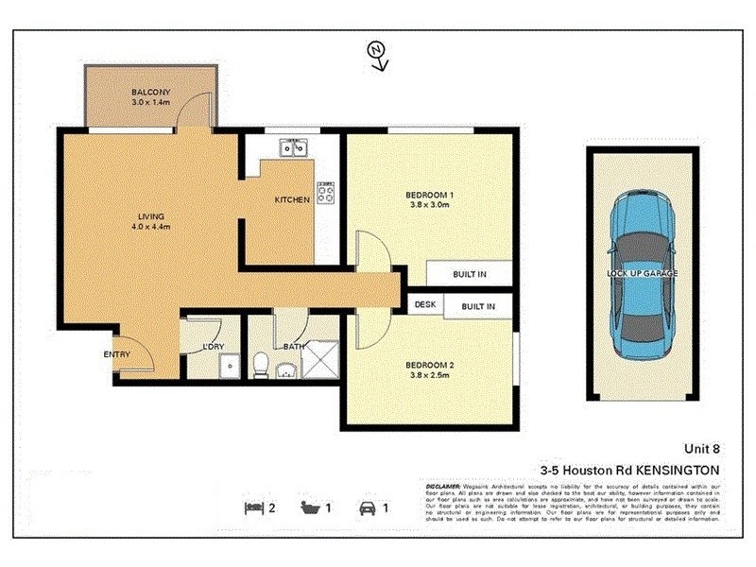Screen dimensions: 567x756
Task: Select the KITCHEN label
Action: coord(292,199)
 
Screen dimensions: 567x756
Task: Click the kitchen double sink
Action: coord(291,147)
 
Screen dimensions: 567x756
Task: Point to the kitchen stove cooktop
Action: coord(325,194)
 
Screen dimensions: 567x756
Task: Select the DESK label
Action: coord(423,306)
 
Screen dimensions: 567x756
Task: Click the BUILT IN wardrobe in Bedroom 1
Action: coord(469,275)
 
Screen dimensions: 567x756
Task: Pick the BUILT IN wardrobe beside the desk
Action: coord(478,306)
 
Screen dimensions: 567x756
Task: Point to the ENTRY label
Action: coord(116,354)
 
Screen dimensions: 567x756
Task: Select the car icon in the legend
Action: coord(365,507)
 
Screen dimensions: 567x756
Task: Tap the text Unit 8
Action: coord(702,450)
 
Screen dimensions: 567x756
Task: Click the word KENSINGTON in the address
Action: coord(674,470)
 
